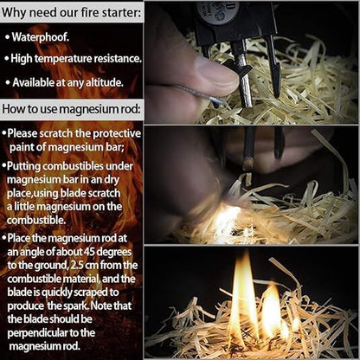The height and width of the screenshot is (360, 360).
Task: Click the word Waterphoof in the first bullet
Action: (x=41, y=37)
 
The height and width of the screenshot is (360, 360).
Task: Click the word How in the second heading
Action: (x=16, y=109)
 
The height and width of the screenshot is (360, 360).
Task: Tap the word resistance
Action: (x=119, y=59)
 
